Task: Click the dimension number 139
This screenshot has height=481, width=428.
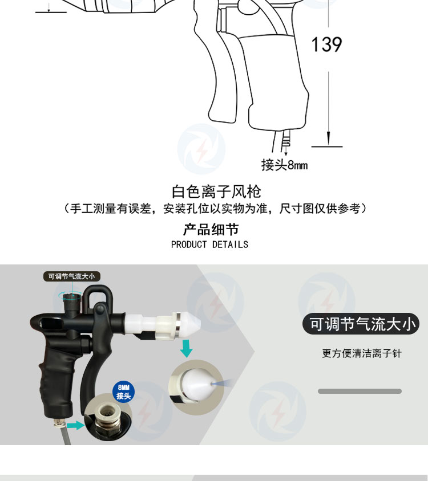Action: (x=326, y=44)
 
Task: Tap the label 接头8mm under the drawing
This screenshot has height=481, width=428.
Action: (x=285, y=165)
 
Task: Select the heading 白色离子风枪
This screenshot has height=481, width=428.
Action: (x=216, y=191)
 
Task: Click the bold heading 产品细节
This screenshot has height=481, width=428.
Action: (x=211, y=230)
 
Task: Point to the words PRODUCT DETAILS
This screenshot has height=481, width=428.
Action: (x=209, y=244)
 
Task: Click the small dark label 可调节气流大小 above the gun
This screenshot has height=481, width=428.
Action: (x=71, y=276)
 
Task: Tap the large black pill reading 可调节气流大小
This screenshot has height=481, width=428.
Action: (x=361, y=324)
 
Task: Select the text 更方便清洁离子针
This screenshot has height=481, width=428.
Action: (x=362, y=353)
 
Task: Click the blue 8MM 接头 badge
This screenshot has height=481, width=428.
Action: (x=123, y=392)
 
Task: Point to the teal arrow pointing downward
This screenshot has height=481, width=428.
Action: (x=186, y=348)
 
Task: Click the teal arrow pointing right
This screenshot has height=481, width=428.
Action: (x=75, y=425)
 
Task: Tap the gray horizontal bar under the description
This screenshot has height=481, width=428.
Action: (x=360, y=391)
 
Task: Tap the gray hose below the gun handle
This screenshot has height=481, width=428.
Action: (x=66, y=435)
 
